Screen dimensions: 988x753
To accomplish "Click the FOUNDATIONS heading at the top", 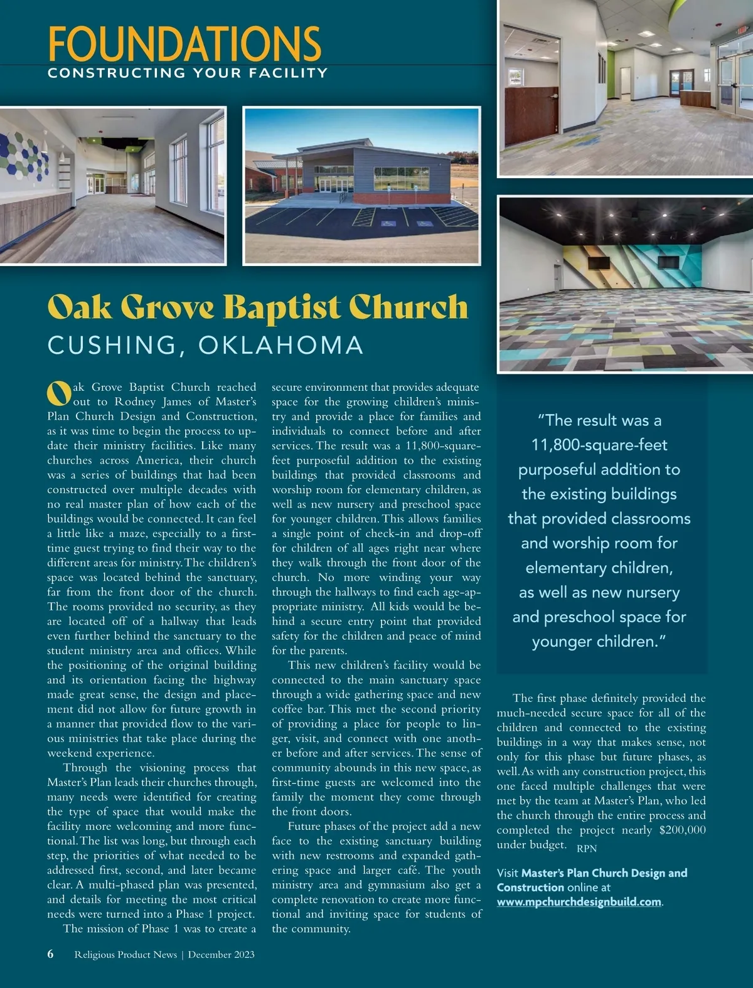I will pyautogui.click(x=184, y=43).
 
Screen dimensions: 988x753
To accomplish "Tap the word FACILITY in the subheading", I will pyautogui.click(x=288, y=73).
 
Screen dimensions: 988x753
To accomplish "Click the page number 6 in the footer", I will pyautogui.click(x=51, y=954).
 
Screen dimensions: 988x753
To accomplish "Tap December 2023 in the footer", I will pyautogui.click(x=222, y=955).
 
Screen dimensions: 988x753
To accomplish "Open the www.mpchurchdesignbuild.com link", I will pyautogui.click(x=579, y=902).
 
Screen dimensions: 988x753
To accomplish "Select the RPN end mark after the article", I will pyautogui.click(x=587, y=848).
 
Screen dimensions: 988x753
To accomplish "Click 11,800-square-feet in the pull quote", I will pyautogui.click(x=599, y=445).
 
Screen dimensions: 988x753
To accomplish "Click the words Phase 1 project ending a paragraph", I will pyautogui.click(x=215, y=914).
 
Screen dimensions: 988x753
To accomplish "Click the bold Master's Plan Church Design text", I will pyautogui.click(x=604, y=873).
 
